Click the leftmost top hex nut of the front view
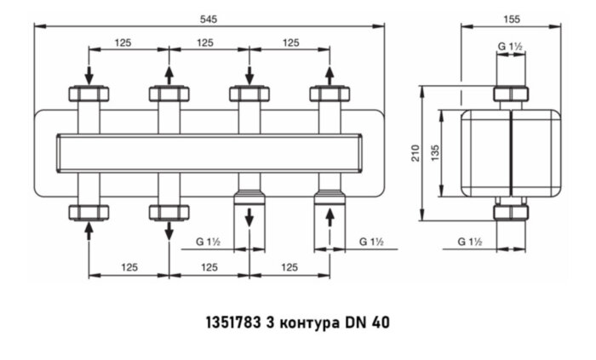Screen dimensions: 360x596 tap(89, 94)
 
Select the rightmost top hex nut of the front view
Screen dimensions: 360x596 tap(329, 94)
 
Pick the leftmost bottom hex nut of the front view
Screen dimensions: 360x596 tap(89, 211)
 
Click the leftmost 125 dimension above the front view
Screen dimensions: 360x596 tap(129, 42)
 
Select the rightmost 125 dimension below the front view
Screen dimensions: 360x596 tap(289, 267)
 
